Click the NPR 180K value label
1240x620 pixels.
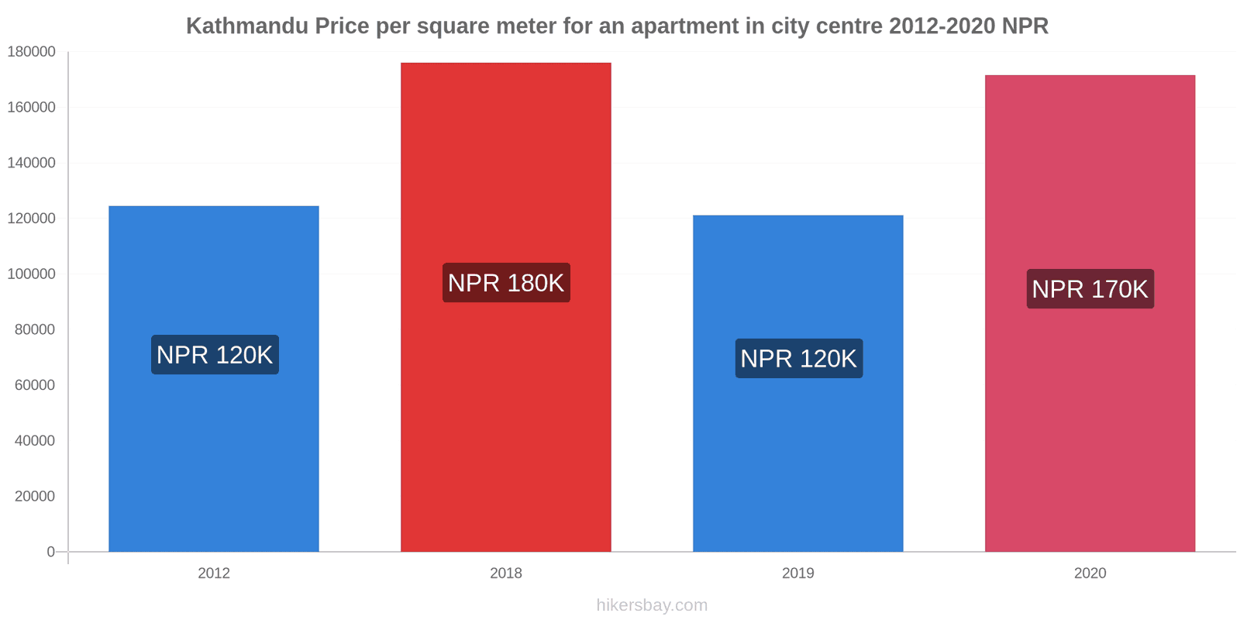point(506,283)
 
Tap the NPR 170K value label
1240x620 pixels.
point(1090,289)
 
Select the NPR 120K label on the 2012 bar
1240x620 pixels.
point(215,355)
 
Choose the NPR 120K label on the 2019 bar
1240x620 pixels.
point(798,359)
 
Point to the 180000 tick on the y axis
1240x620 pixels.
point(32,52)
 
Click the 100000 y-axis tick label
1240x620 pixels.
point(32,274)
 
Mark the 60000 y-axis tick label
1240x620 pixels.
point(35,385)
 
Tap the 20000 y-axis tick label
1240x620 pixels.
point(35,496)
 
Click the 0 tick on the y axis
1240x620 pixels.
point(50,552)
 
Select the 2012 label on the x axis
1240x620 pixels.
point(214,573)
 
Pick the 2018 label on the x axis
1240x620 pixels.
point(506,573)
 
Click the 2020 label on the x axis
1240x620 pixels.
point(1090,573)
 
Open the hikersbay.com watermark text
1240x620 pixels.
point(652,605)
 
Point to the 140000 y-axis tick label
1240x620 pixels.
point(32,163)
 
